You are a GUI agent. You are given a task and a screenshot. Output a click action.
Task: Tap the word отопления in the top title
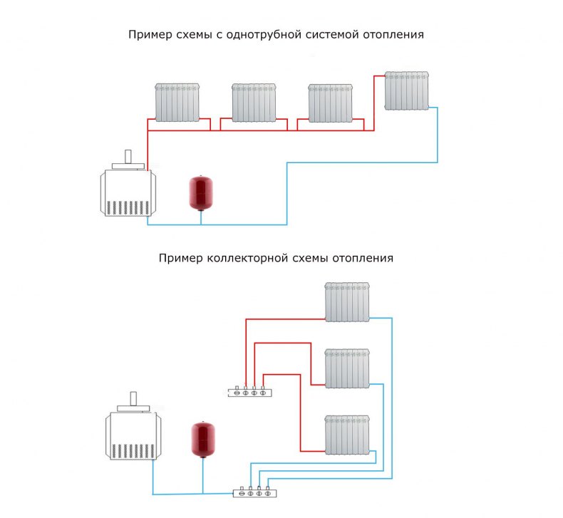tap(393, 35)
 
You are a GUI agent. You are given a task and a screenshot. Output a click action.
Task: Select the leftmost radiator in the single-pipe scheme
tap(177, 103)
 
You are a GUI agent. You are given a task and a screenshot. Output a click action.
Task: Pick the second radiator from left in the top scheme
tap(254, 103)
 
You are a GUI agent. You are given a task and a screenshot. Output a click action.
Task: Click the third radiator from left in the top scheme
tap(331, 103)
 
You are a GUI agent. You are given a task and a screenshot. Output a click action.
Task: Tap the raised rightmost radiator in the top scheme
tap(407, 90)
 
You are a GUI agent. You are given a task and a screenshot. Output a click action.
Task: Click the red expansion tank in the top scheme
tap(201, 193)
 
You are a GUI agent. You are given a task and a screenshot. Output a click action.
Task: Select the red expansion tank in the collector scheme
tap(203, 440)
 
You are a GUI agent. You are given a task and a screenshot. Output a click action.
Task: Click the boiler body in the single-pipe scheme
tap(128, 193)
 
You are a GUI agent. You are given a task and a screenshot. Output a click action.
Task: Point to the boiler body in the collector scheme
tap(133, 435)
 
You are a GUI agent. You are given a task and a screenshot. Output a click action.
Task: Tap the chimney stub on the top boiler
tap(128, 157)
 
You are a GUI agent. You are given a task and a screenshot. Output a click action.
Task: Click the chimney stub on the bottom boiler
tap(133, 399)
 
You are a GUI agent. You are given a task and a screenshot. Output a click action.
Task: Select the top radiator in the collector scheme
tap(347, 302)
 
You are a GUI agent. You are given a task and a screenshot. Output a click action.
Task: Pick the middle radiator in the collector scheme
tap(347, 368)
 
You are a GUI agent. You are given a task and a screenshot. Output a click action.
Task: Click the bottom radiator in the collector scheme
tap(347, 435)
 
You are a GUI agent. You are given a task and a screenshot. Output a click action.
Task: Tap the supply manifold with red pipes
tap(250, 392)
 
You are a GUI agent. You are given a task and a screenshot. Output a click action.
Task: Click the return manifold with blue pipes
tap(255, 492)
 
